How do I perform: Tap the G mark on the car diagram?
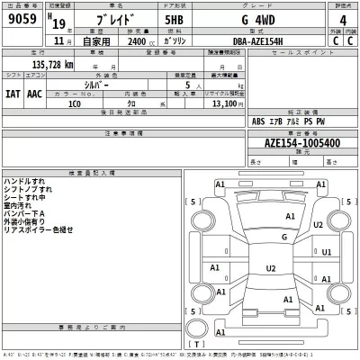point(284,237)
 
